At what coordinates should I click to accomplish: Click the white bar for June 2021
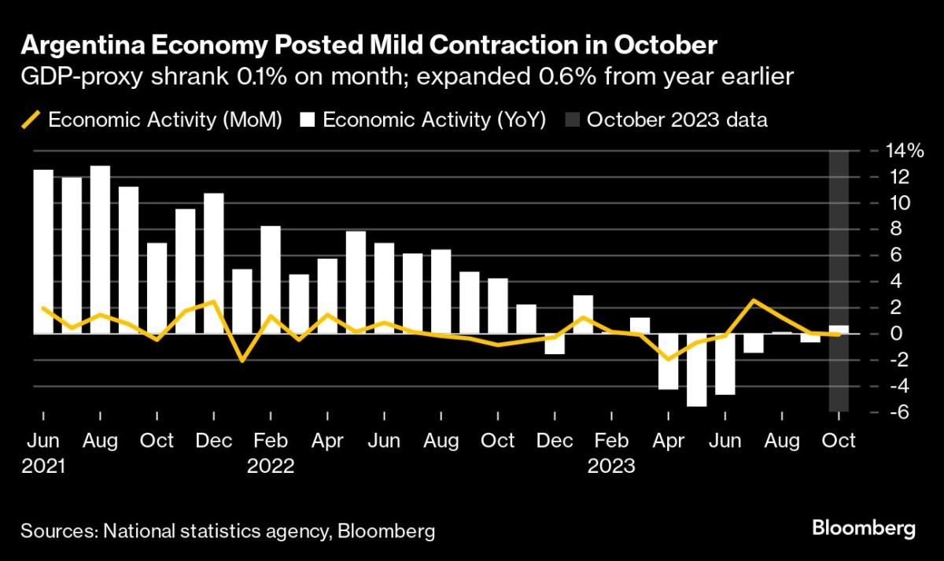click(x=43, y=252)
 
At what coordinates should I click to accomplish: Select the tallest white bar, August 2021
click(x=100, y=249)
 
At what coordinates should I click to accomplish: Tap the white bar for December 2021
click(x=214, y=264)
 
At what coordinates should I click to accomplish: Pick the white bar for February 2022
click(x=271, y=280)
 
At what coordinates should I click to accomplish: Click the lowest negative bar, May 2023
click(x=696, y=370)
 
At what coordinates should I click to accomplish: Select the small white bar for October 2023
click(x=839, y=330)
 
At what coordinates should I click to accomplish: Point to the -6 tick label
click(x=884, y=412)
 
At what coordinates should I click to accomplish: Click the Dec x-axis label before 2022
click(x=213, y=440)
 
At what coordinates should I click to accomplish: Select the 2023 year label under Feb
click(x=611, y=465)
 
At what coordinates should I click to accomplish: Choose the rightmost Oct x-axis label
click(x=839, y=440)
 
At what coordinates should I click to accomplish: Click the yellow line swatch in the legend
click(x=30, y=120)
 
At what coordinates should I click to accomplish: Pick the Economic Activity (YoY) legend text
click(x=434, y=120)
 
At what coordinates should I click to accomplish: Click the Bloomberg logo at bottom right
click(x=863, y=527)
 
